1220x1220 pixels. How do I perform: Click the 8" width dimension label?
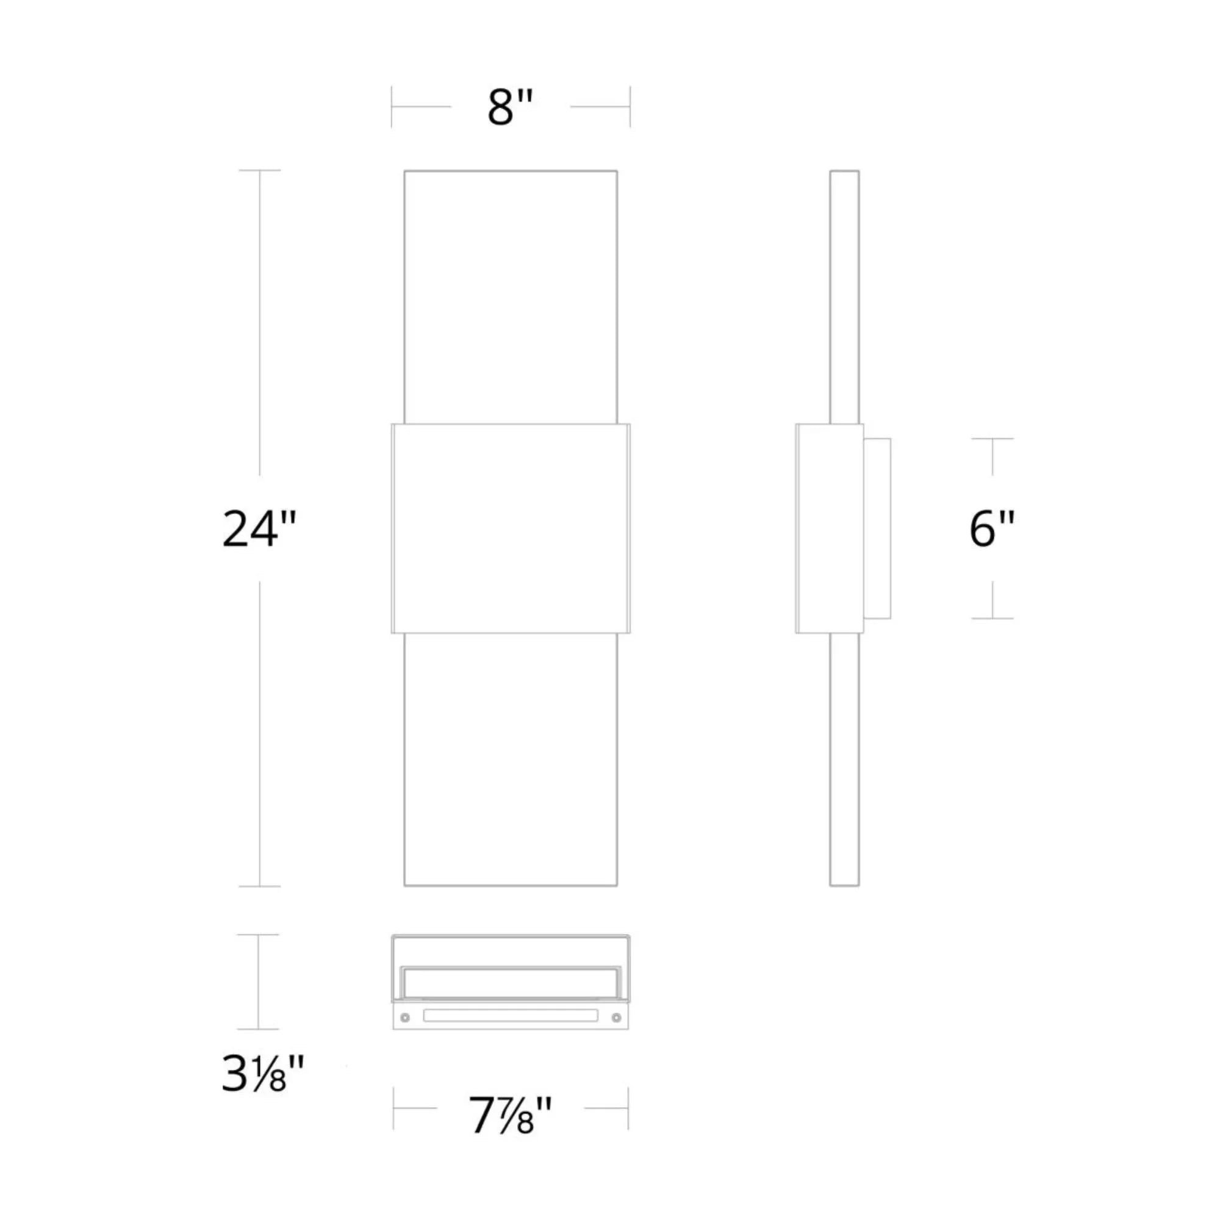tap(510, 107)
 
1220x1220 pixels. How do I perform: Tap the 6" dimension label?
tap(991, 528)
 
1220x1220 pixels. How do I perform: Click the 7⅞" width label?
tap(510, 1115)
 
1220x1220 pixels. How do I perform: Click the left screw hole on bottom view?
tap(405, 1017)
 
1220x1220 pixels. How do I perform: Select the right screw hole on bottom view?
tap(616, 1017)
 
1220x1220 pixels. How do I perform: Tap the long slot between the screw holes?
tap(510, 1016)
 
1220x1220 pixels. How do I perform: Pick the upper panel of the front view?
tap(510, 297)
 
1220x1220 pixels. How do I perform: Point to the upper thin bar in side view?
tap(844, 297)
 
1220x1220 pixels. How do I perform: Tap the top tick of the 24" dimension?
tap(259, 171)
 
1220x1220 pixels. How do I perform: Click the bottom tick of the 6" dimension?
tap(992, 618)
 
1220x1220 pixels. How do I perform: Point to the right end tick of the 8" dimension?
tap(630, 107)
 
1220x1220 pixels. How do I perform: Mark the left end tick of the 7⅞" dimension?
tap(393, 1108)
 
